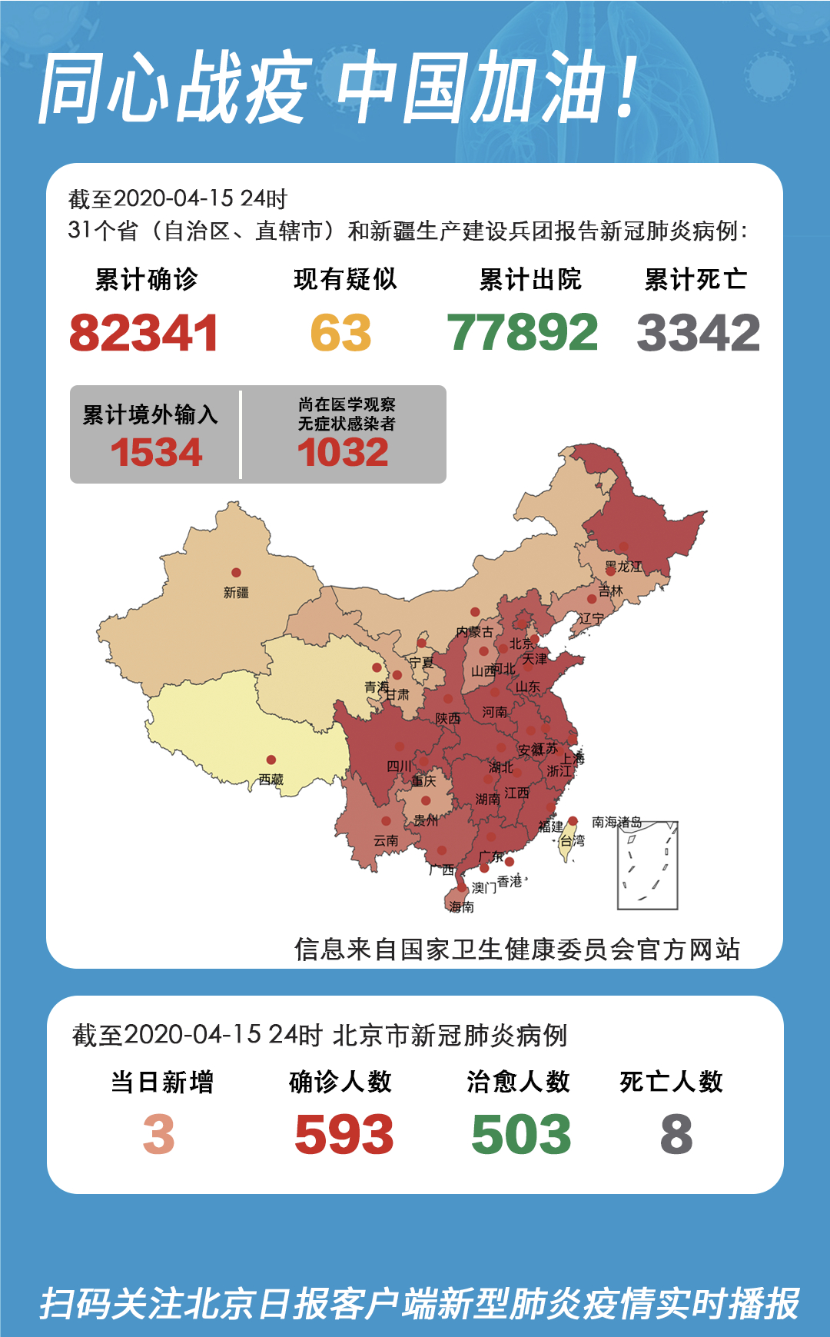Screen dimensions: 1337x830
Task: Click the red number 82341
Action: click(144, 333)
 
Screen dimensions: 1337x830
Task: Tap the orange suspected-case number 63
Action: click(340, 333)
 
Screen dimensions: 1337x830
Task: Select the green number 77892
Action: click(522, 333)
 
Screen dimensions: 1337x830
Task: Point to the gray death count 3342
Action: click(698, 333)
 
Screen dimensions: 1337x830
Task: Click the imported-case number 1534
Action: click(156, 452)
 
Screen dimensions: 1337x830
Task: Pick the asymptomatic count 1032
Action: click(343, 452)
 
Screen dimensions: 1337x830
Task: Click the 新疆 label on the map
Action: click(236, 593)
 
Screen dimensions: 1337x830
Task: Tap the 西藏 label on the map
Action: click(271, 780)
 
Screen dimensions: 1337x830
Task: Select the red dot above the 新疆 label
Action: click(236, 573)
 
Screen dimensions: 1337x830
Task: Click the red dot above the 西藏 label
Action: click(271, 760)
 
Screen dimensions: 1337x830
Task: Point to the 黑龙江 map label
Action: click(622, 567)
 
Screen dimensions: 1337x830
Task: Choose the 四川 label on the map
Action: click(398, 766)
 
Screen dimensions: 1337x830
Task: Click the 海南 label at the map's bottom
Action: click(461, 907)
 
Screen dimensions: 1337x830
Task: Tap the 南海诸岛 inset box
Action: click(648, 866)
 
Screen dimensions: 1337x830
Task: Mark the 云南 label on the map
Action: click(386, 840)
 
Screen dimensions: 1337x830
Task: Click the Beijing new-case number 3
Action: click(159, 1135)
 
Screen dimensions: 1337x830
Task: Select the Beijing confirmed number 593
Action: click(344, 1135)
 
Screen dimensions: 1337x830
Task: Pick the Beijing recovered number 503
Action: click(521, 1135)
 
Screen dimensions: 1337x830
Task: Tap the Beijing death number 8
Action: click(676, 1135)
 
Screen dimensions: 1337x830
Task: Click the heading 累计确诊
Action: click(146, 279)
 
